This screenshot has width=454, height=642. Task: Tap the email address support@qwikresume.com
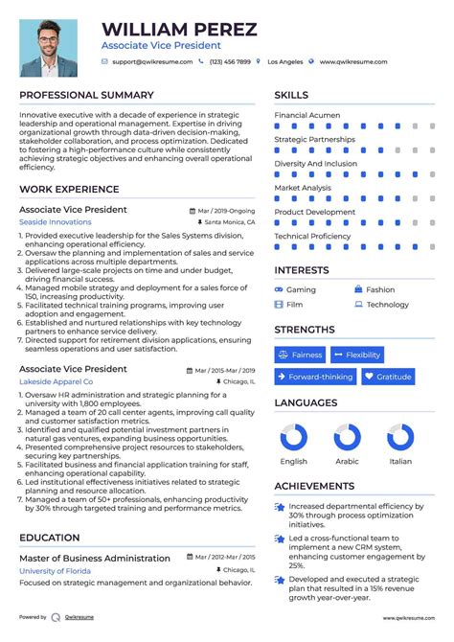click(x=152, y=62)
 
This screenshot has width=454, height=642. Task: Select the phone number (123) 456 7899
click(x=230, y=62)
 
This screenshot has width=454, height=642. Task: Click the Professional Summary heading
click(x=86, y=95)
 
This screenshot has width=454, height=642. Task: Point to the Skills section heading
click(x=291, y=95)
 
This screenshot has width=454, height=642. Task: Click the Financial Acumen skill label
click(x=306, y=115)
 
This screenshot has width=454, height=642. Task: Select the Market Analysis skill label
click(x=303, y=188)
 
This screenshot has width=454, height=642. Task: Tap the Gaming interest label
click(x=301, y=289)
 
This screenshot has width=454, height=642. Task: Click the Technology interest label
click(x=387, y=305)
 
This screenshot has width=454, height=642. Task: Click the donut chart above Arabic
click(x=348, y=438)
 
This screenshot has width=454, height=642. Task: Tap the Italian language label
click(x=400, y=461)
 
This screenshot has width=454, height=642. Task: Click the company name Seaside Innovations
click(x=56, y=221)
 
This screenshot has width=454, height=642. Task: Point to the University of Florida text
click(x=57, y=571)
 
